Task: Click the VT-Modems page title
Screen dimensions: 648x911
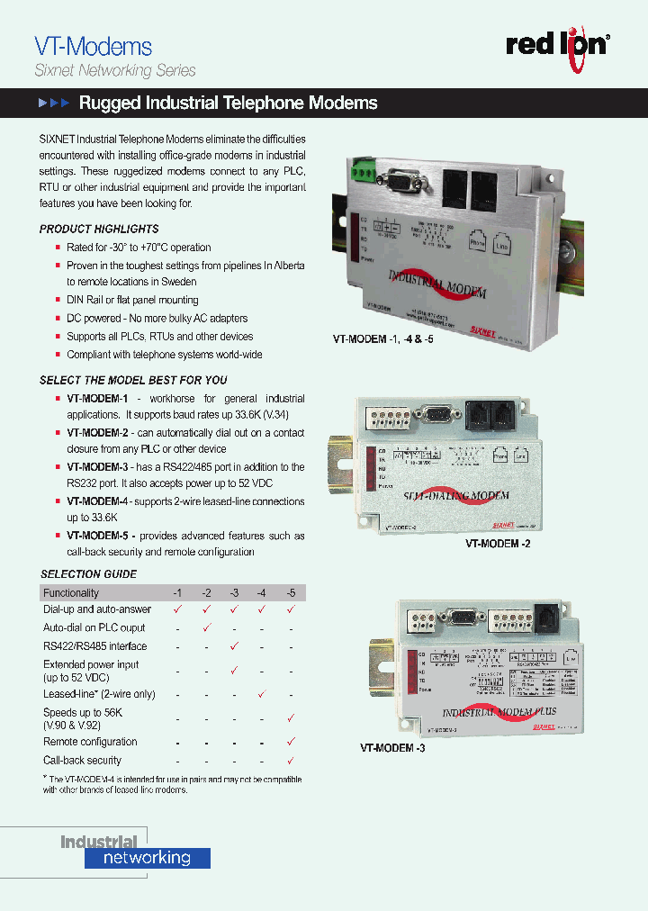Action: click(x=93, y=46)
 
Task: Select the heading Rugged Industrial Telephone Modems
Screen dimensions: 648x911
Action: click(x=228, y=104)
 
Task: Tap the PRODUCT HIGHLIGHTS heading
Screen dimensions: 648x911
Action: click(x=99, y=229)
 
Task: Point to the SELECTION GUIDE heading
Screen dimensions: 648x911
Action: click(x=89, y=573)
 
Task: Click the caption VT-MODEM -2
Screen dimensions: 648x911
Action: click(x=498, y=544)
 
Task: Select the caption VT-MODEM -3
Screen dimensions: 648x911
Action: click(x=392, y=747)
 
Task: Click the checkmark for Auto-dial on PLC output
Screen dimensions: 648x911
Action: click(x=206, y=627)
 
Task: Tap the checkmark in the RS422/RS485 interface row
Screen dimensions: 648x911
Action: click(x=234, y=645)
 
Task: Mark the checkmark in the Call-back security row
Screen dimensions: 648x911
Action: click(x=291, y=761)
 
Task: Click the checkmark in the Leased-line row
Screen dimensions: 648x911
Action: click(x=262, y=694)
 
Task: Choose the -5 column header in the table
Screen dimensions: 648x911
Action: click(x=291, y=592)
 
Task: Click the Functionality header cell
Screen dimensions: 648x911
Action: click(x=71, y=592)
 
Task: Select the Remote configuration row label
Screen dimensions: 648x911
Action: click(x=90, y=742)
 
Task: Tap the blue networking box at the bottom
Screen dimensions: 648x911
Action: click(x=148, y=858)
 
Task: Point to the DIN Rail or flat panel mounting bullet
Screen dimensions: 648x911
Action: click(x=132, y=300)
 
